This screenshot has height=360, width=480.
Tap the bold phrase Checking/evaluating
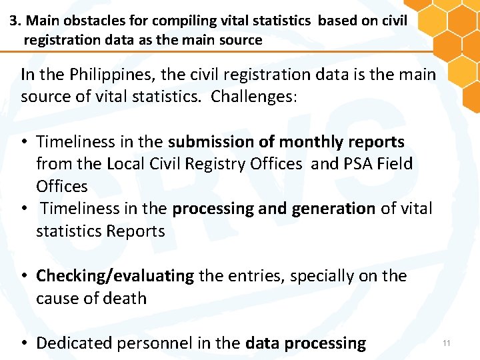coord(115,276)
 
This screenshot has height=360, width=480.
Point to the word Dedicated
coord(73,343)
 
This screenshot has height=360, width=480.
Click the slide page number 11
coord(447,343)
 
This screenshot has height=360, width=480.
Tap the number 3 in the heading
coord(13,20)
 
